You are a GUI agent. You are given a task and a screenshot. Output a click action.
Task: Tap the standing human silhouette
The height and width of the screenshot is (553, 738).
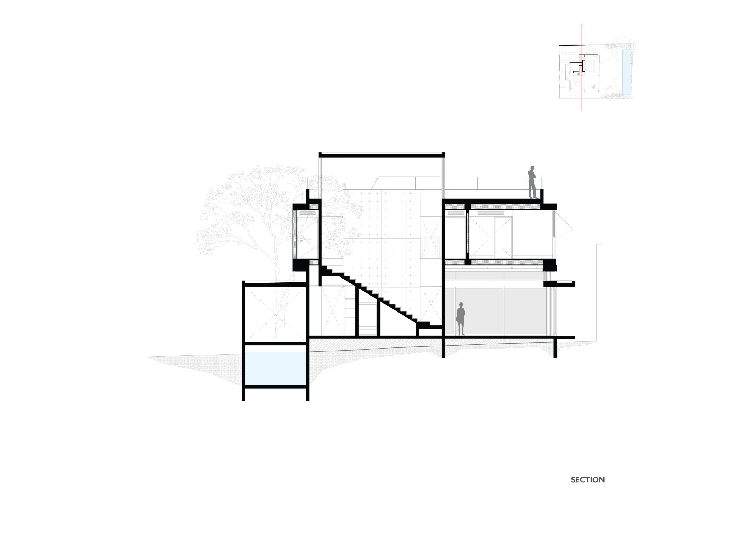click(461, 318)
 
